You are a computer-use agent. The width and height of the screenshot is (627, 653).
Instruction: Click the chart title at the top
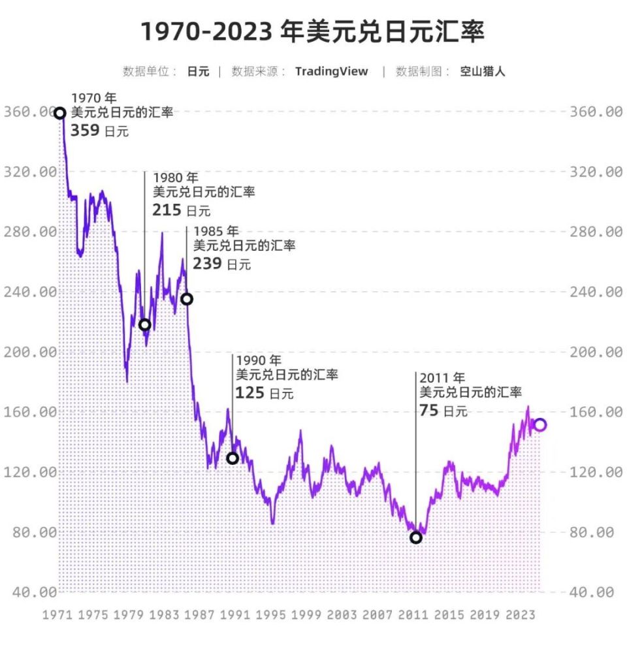coord(313,31)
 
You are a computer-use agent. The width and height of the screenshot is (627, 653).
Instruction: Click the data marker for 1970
coord(60,113)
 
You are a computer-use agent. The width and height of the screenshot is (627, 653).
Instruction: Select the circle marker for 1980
coord(145,325)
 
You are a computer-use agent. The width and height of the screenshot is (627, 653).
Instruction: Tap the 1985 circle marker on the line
coord(187,299)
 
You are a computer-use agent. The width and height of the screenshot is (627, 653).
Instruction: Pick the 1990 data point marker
coord(233,458)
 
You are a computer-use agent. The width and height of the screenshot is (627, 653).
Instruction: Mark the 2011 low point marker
coord(416,537)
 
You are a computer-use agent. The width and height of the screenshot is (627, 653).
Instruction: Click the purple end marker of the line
coord(540,425)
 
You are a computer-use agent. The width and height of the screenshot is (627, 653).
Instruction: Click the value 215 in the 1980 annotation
coord(167,210)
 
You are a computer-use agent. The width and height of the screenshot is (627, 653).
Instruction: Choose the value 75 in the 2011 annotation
coord(429,410)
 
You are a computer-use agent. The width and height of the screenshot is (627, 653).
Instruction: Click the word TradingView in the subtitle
coord(331,72)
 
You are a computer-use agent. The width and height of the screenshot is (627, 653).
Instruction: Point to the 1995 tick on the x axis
coord(271,615)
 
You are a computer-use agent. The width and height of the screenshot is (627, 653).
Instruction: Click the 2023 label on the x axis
coord(521,615)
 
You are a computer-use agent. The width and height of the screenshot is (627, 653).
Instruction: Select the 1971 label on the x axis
coord(57,615)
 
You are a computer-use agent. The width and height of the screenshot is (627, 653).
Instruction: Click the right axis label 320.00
coord(596,172)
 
